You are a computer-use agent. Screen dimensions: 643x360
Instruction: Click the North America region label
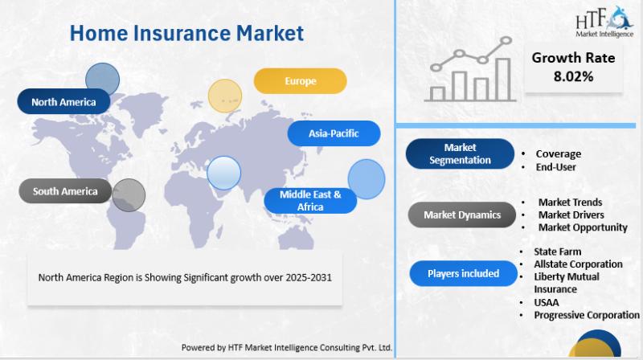(x=63, y=102)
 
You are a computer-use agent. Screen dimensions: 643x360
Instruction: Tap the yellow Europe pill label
(x=300, y=81)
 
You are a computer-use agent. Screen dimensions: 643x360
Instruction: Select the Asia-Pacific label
(x=334, y=133)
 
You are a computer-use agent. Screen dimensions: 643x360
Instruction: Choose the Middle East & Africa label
(x=310, y=201)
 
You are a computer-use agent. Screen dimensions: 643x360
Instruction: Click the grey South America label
(x=65, y=191)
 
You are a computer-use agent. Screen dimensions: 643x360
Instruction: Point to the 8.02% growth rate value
(x=573, y=76)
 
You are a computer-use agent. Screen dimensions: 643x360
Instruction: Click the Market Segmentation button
(x=460, y=153)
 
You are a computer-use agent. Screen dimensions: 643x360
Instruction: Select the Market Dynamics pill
(x=462, y=215)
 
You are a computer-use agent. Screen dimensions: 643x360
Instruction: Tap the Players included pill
(x=464, y=273)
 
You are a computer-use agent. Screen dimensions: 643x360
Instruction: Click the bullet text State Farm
(x=557, y=252)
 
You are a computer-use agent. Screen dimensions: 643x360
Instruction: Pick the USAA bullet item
(x=547, y=303)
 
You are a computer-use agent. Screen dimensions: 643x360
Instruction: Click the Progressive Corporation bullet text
(x=587, y=315)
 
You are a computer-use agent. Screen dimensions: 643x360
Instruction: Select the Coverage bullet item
(x=558, y=153)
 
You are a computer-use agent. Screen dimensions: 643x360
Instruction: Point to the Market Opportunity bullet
(x=583, y=227)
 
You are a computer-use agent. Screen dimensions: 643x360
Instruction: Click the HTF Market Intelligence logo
(x=604, y=22)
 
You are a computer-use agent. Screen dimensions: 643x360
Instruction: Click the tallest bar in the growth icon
(x=503, y=79)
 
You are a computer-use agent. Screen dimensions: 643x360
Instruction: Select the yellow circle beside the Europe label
(x=225, y=96)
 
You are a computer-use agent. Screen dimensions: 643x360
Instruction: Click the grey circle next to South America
(x=129, y=195)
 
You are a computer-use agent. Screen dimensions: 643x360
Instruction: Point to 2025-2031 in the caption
(x=309, y=277)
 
